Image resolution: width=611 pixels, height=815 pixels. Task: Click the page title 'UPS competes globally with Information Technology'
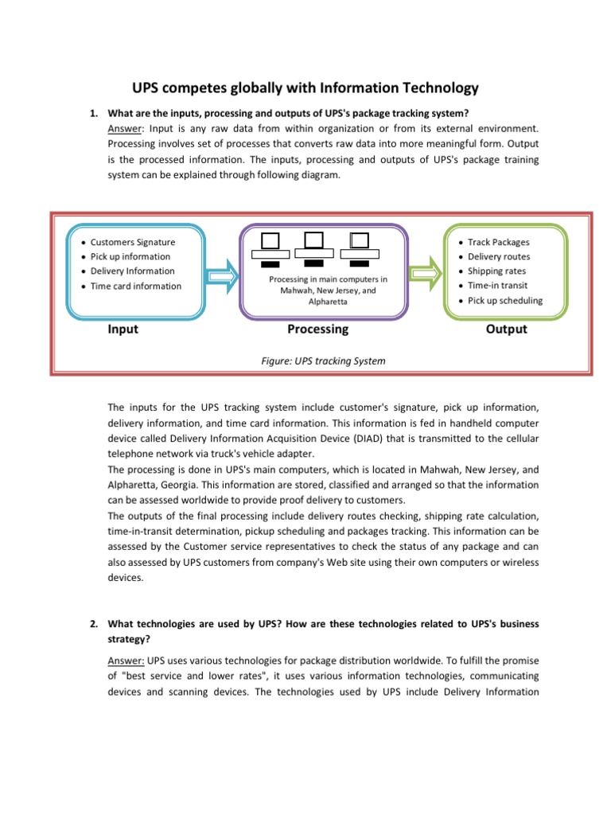pos(305,88)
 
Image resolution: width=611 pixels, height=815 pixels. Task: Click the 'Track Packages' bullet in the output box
pos(498,242)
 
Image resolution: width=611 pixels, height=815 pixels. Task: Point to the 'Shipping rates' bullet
pos(496,271)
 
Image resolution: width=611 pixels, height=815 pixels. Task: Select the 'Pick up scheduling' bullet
pos(505,300)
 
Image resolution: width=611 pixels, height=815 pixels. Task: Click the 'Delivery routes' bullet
pos(499,256)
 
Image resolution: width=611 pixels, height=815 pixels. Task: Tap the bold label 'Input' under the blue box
pos(123,329)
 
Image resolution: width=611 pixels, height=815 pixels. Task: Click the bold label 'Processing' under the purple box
pos(317,329)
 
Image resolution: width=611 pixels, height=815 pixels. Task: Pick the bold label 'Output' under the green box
pos(506,329)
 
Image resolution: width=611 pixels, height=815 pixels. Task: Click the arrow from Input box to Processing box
pos(222,275)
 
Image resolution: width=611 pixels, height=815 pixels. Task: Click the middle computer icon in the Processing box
pos(313,247)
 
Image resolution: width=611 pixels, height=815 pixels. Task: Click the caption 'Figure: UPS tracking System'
pos(323,361)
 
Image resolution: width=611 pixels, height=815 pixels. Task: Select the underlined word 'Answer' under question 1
pos(123,127)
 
